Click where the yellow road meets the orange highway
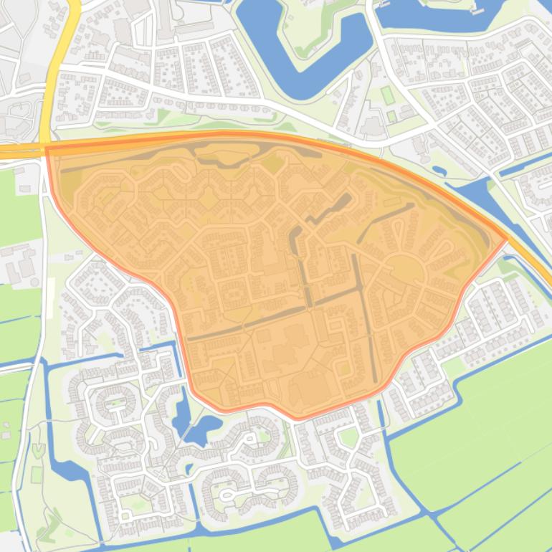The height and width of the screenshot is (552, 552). [x=47, y=147]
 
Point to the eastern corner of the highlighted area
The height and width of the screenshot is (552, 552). [x=507, y=238]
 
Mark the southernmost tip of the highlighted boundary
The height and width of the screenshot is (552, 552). [x=298, y=418]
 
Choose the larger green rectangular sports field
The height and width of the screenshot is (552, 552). [x=387, y=95]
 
